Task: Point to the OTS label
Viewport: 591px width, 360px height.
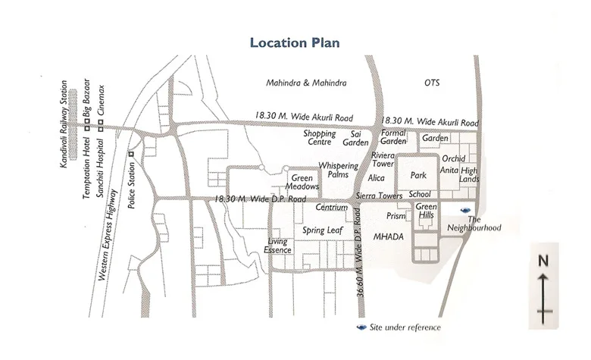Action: (432, 83)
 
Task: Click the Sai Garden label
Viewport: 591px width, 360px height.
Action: (355, 138)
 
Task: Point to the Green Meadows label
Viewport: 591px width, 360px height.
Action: (302, 183)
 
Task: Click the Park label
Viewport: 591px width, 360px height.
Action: (419, 175)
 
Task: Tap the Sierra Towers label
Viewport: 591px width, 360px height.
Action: (381, 195)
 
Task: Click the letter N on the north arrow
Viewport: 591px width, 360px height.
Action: (543, 260)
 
